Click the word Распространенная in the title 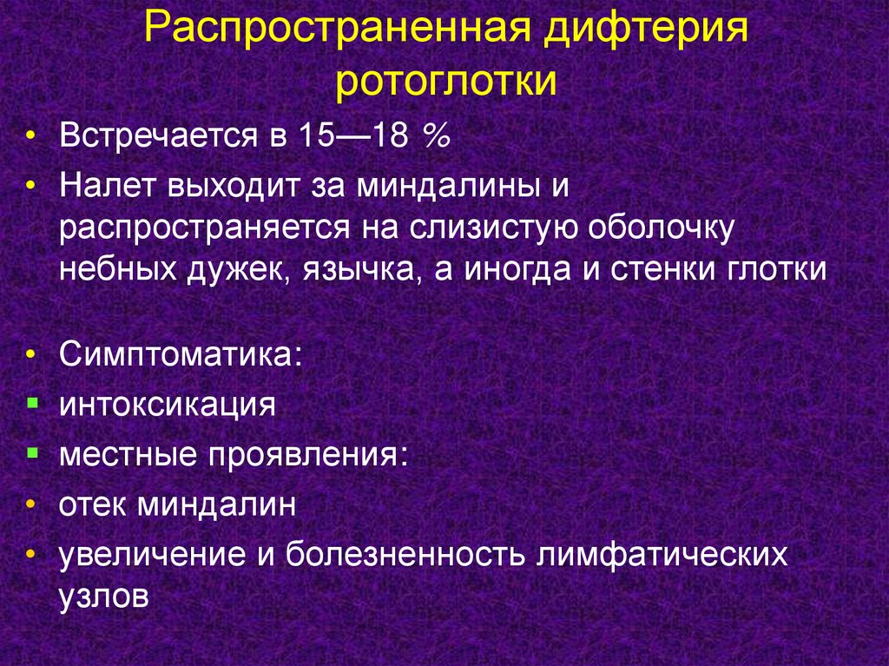pyautogui.click(x=338, y=29)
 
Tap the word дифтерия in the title pyautogui.click(x=646, y=29)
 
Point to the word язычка pyautogui.click(x=362, y=270)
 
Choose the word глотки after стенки pyautogui.click(x=777, y=269)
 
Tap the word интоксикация pyautogui.click(x=168, y=405)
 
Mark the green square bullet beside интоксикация pyautogui.click(x=32, y=404)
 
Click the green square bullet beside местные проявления pyautogui.click(x=32, y=453)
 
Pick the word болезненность pyautogui.click(x=405, y=553)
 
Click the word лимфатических pyautogui.click(x=662, y=554)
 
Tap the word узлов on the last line pyautogui.click(x=104, y=596)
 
